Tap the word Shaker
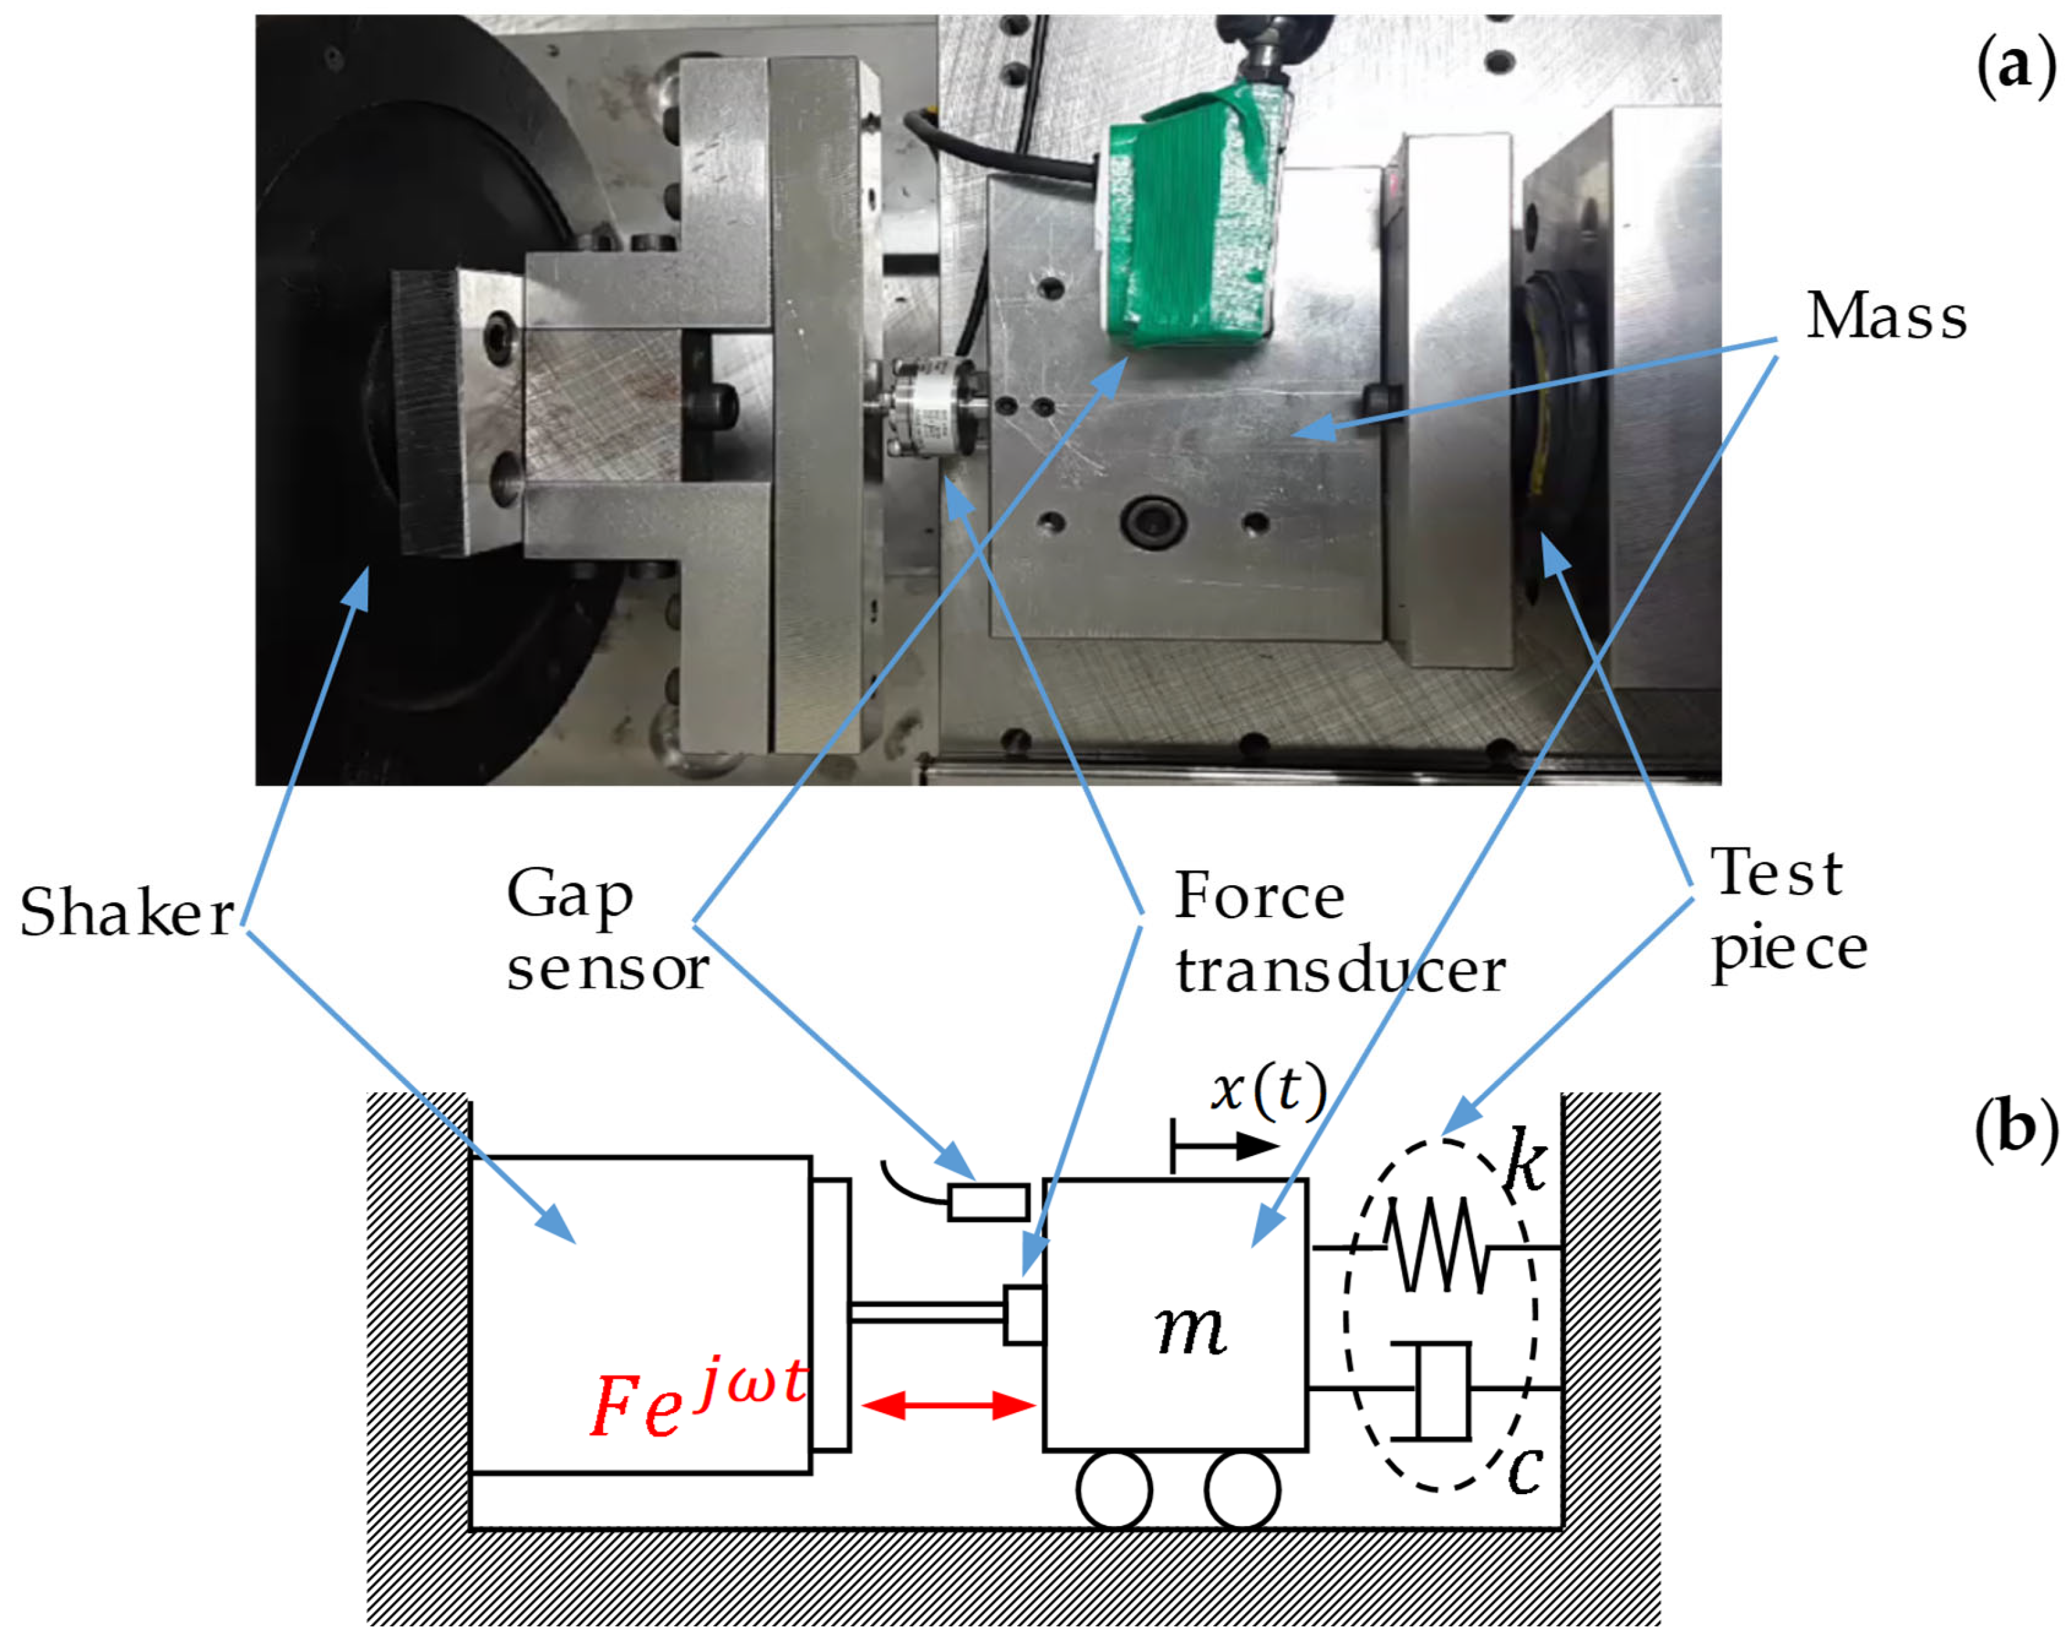pyautogui.click(x=127, y=913)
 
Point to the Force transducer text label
pyautogui.click(x=1339, y=933)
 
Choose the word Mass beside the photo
pyautogui.click(x=1886, y=317)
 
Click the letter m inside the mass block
pyautogui.click(x=1190, y=1330)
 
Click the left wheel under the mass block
pyautogui.click(x=1113, y=1490)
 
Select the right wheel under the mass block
pyautogui.click(x=1242, y=1490)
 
